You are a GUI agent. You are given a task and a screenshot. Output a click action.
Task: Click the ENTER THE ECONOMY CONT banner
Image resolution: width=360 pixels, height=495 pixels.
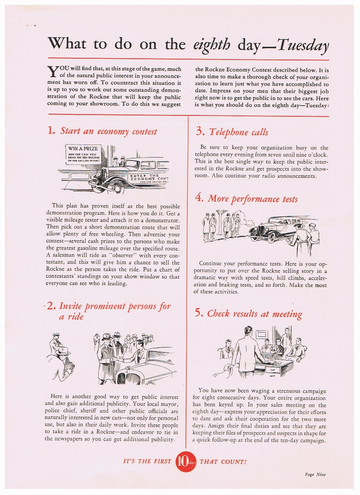tap(149, 178)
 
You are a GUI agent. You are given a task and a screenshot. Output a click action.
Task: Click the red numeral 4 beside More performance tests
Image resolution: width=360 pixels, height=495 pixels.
tap(199, 198)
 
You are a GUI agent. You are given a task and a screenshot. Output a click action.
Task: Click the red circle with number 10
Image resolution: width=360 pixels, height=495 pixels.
tap(185, 462)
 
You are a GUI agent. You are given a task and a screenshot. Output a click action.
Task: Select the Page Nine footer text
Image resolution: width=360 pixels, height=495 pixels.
tap(315, 474)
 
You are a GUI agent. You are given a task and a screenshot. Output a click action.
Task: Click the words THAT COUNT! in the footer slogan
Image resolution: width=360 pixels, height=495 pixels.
tap(223, 462)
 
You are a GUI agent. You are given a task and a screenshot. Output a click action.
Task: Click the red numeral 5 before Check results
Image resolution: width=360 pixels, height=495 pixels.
tap(199, 313)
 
